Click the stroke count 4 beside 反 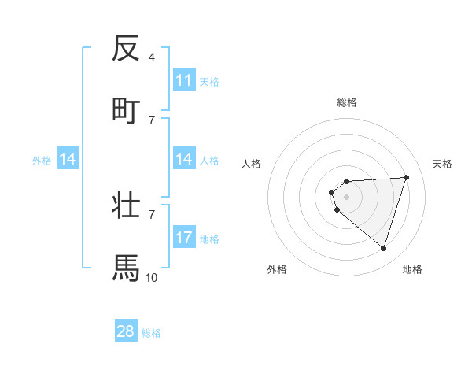tap(151, 57)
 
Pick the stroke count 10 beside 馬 tap(152, 277)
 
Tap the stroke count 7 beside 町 tap(151, 120)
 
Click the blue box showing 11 tap(184, 80)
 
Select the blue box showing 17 tap(184, 238)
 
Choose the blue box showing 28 tap(126, 331)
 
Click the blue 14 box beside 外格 tap(68, 160)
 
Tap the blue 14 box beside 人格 tap(184, 159)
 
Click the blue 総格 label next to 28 tap(151, 333)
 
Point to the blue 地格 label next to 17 tap(209, 239)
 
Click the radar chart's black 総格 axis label tap(347, 102)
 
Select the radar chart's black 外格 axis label tap(277, 269)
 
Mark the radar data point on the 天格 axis tap(406, 177)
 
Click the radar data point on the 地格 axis tap(383, 248)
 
